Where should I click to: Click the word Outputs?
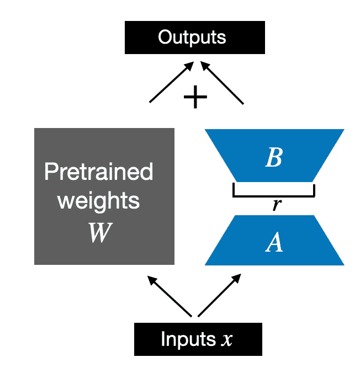tap(192, 38)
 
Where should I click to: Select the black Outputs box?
tap(195, 38)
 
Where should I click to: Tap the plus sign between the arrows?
tap(195, 97)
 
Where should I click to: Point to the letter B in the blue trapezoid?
tap(274, 157)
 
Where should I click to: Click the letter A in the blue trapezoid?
tap(274, 242)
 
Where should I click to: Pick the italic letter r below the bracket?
tap(277, 204)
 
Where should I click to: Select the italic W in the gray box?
tap(100, 232)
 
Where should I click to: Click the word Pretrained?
tap(99, 171)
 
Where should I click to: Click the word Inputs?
tap(188, 339)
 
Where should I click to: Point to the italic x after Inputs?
tap(226, 340)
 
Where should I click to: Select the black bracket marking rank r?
tap(274, 196)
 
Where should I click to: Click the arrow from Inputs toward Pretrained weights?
tap(170, 296)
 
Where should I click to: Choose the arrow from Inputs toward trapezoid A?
tap(219, 295)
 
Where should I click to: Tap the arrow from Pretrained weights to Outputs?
tap(171, 82)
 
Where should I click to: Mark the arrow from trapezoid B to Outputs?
tap(222, 83)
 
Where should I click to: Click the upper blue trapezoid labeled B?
tap(274, 156)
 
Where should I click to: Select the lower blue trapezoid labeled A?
tap(274, 240)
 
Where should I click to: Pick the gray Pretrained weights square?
tap(104, 196)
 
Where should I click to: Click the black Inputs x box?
tap(198, 339)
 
